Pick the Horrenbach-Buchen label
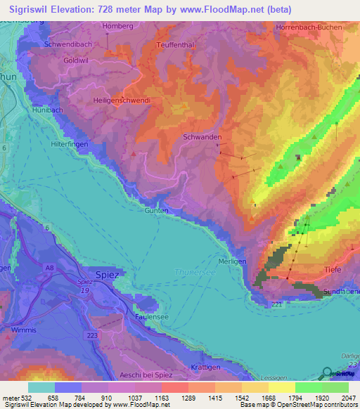coord(309,27)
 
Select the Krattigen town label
coord(205,368)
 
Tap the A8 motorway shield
coord(50,267)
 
